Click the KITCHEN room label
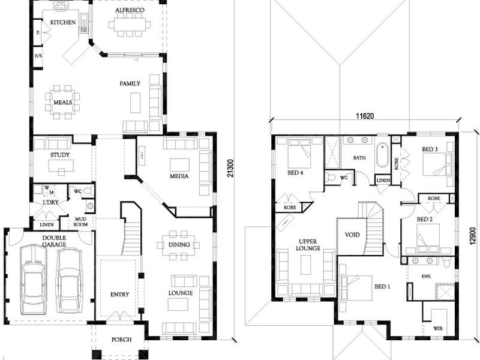click(63, 22)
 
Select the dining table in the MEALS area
click(62, 98)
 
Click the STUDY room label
click(59, 155)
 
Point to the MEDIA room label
click(179, 176)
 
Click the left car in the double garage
click(32, 279)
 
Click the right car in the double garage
click(69, 279)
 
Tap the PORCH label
click(122, 340)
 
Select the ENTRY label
click(120, 294)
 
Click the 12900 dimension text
click(472, 230)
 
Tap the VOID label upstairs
click(353, 235)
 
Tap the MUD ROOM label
click(80, 222)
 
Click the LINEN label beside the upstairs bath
click(383, 180)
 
